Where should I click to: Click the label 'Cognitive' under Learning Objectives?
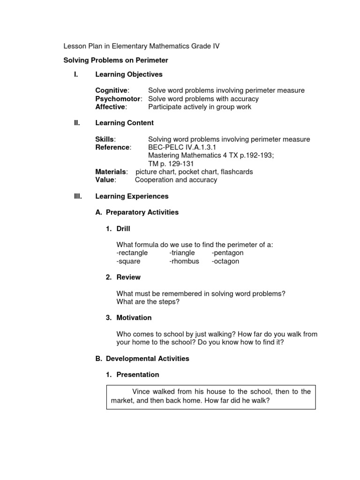[111, 90]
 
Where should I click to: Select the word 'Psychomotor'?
[118, 99]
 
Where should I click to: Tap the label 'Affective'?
[111, 107]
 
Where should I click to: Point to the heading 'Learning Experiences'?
[132, 196]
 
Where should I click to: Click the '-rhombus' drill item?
[184, 261]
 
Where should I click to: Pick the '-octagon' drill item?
[225, 261]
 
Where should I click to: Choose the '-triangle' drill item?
[182, 253]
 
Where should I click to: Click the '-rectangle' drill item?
[132, 253]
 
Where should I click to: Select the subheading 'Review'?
[128, 277]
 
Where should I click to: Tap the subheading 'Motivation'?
[134, 317]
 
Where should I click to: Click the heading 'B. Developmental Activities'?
[142, 359]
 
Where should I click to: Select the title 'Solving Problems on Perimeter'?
[115, 60]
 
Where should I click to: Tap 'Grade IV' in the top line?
[206, 46]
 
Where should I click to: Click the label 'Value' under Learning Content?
[105, 180]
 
